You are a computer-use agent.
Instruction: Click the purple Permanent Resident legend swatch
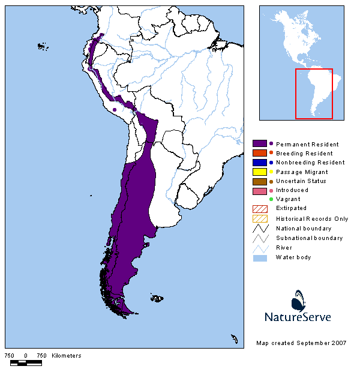(x=259, y=144)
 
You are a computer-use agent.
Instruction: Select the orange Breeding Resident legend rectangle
(x=259, y=153)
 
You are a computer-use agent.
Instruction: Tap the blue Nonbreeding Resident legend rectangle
(x=259, y=162)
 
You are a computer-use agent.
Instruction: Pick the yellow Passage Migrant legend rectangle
(x=259, y=172)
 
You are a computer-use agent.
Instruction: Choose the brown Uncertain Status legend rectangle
(x=259, y=181)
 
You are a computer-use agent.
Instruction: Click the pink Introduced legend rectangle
(x=259, y=190)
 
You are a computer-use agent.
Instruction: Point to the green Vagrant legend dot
(x=271, y=199)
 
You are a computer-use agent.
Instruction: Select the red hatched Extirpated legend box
(x=259, y=208)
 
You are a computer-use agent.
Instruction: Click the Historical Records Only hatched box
(x=259, y=218)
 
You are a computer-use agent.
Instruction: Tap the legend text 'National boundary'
(x=304, y=229)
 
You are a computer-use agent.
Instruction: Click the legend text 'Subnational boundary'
(x=309, y=238)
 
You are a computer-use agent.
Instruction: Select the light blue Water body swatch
(x=259, y=257)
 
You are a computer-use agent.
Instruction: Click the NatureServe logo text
(x=298, y=316)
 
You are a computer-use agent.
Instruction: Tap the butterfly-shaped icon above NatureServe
(x=299, y=299)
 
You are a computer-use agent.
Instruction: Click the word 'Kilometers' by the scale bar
(x=67, y=356)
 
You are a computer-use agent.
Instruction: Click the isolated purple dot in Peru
(x=114, y=110)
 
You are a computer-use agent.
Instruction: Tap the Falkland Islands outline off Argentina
(x=157, y=298)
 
